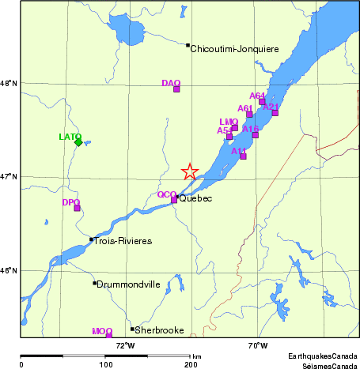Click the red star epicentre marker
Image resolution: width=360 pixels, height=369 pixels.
(190, 171)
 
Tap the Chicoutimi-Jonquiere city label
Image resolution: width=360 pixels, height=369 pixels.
(235, 49)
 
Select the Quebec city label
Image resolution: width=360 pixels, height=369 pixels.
(196, 198)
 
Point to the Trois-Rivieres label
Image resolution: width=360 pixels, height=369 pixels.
(123, 240)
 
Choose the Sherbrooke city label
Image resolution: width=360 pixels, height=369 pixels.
(160, 330)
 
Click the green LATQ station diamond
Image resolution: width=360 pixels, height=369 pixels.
(78, 141)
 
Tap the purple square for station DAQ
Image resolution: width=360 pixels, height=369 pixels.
(176, 88)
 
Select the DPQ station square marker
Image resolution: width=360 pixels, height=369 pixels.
(77, 208)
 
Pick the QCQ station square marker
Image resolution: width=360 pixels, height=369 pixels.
(175, 199)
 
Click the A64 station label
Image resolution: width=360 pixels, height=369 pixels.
(257, 96)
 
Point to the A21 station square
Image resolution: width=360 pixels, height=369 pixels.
(275, 112)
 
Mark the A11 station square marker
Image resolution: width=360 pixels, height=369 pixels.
(243, 156)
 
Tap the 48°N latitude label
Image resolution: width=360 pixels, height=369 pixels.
(9, 83)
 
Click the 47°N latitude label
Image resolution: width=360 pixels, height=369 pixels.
(9, 176)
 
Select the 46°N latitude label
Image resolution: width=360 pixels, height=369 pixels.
(9, 271)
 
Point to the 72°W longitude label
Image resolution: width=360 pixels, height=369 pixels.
(125, 345)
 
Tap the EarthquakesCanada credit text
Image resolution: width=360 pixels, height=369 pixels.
(322, 356)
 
